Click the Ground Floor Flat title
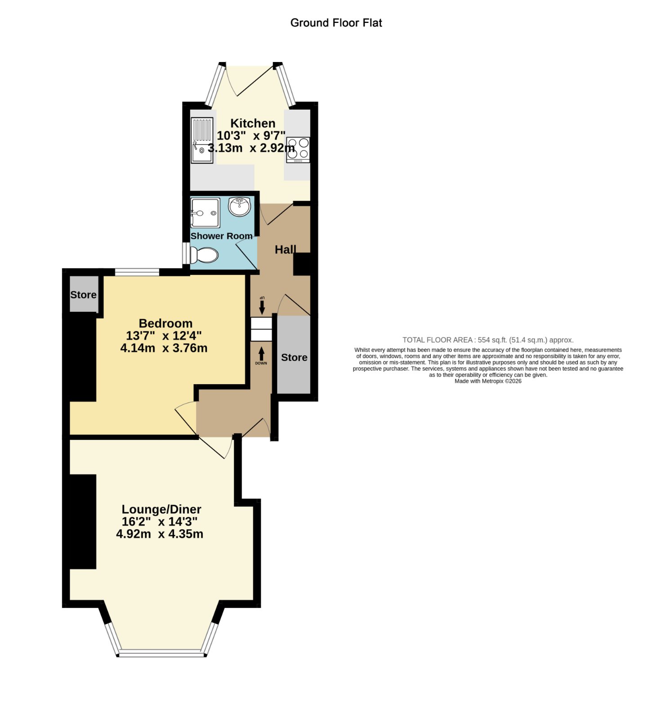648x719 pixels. [336, 23]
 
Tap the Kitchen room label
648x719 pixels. [253, 123]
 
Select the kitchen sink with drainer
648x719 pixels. [202, 140]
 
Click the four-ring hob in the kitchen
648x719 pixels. [298, 150]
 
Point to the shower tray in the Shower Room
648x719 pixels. [205, 213]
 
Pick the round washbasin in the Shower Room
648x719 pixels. [240, 207]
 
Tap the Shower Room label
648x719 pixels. [221, 236]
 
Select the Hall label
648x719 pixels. [286, 249]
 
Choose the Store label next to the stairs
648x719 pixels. [294, 357]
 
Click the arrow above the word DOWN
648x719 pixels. [261, 353]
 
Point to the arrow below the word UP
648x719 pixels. [262, 308]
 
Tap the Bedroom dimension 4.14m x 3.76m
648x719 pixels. [164, 348]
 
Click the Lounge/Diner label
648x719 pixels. [161, 509]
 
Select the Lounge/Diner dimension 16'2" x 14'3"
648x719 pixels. [160, 522]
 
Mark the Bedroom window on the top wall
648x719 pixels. [137, 272]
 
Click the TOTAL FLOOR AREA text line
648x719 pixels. [488, 340]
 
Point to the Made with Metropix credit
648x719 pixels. [488, 381]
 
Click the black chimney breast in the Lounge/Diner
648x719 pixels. [83, 521]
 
